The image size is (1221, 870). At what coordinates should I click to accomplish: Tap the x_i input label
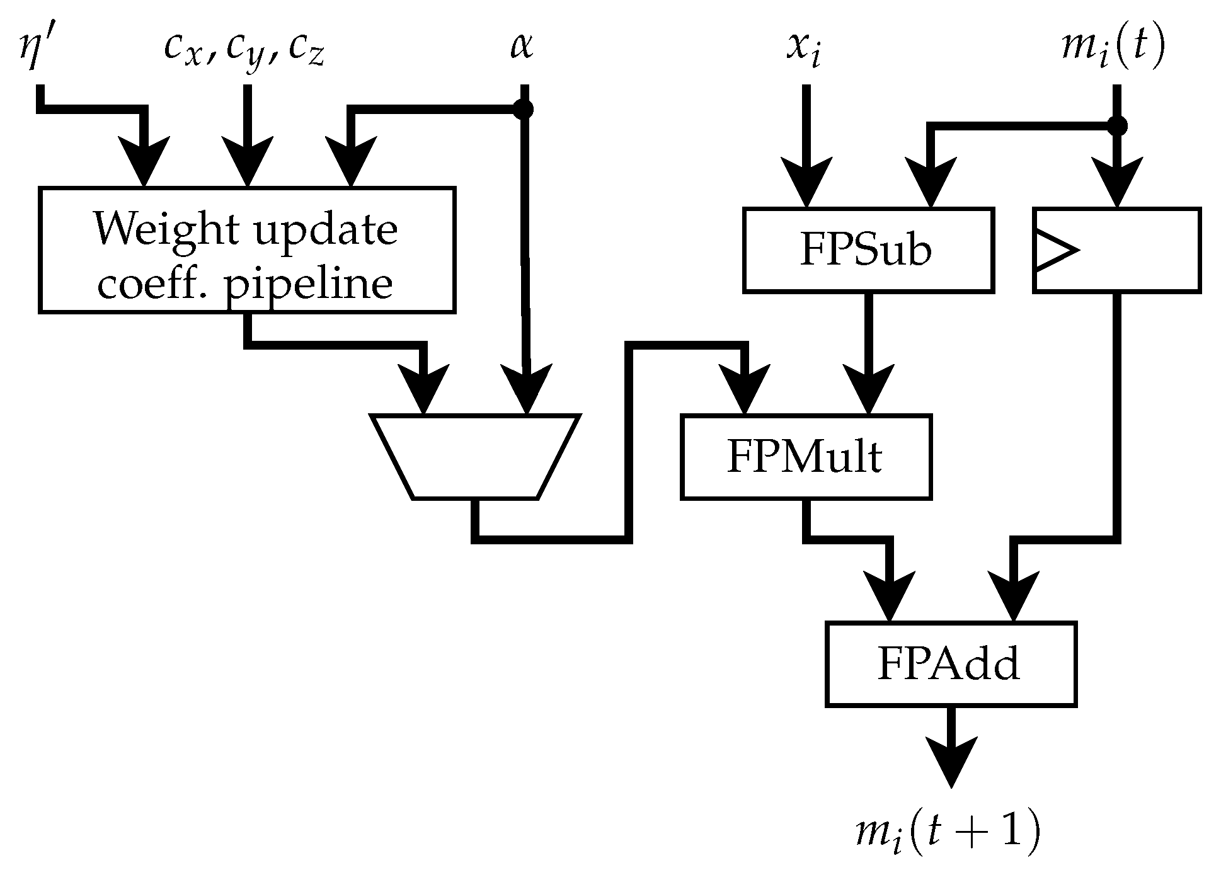click(x=805, y=50)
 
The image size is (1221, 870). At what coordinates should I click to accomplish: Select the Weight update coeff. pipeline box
click(x=247, y=249)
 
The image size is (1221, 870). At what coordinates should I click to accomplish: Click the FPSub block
click(x=868, y=250)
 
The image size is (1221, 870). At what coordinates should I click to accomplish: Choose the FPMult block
click(x=806, y=457)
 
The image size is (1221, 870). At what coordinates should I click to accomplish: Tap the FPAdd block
click(x=950, y=664)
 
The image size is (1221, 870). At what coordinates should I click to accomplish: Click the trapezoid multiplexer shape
click(x=475, y=457)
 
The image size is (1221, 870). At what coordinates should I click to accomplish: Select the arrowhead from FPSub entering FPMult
click(x=869, y=391)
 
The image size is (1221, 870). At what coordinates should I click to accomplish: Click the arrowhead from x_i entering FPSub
click(x=806, y=183)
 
